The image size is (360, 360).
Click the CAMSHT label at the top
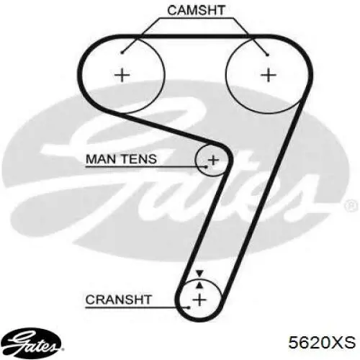tap(196, 10)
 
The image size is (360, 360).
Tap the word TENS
tap(140, 159)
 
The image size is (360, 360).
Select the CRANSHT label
tap(119, 300)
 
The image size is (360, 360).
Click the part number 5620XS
tap(322, 342)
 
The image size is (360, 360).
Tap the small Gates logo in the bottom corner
tap(33, 342)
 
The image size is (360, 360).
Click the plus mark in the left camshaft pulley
tap(122, 75)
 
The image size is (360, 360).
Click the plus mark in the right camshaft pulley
tap(269, 75)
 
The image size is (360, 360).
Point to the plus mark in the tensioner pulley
tap(213, 160)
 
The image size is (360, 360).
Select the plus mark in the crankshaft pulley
tap(199, 300)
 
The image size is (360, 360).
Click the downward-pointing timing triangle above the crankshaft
tap(199, 274)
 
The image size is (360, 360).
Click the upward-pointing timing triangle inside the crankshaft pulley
tap(199, 285)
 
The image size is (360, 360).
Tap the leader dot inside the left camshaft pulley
tap(122, 53)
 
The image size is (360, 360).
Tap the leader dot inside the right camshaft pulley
tap(268, 55)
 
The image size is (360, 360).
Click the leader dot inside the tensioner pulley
tap(206, 166)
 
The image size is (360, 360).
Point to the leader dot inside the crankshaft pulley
tap(189, 307)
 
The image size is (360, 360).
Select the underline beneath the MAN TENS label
tap(145, 166)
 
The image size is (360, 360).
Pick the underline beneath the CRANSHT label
tap(138, 307)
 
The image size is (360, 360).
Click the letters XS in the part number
tap(345, 342)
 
